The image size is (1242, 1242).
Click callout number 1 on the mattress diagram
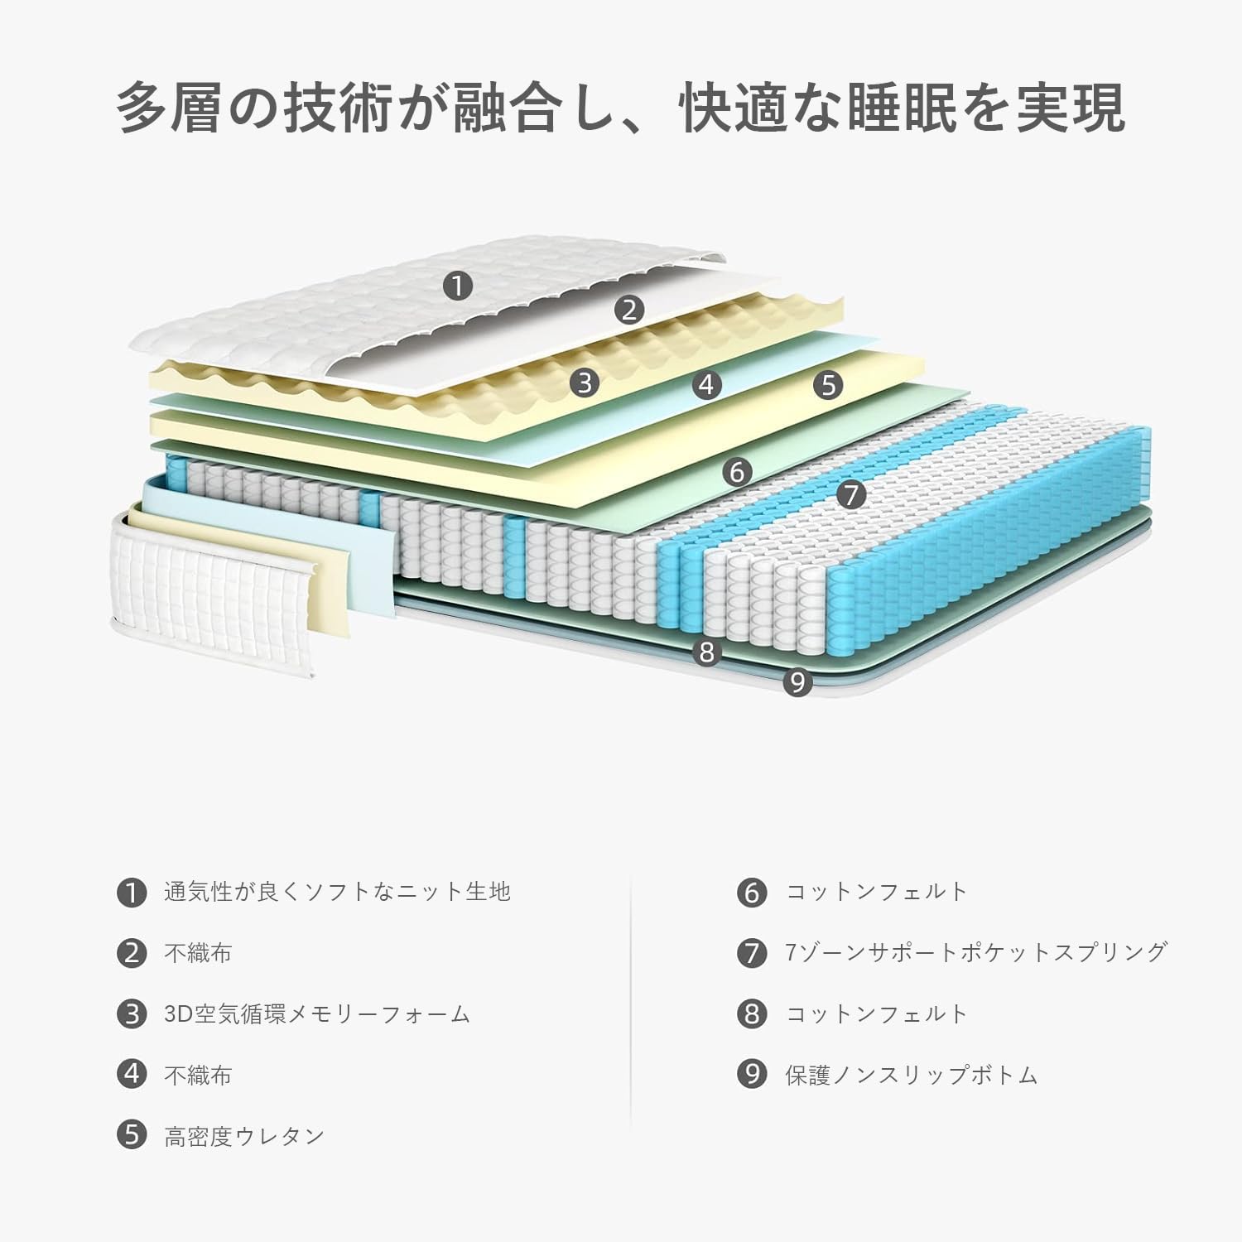(457, 286)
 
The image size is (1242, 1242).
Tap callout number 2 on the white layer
(629, 310)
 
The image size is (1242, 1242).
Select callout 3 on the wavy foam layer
(585, 383)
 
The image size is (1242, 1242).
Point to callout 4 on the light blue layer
(706, 384)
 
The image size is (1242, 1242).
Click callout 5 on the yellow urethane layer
(828, 384)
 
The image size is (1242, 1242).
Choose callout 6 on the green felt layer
(737, 472)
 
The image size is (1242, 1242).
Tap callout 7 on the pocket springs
(850, 495)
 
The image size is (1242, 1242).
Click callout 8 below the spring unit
(706, 652)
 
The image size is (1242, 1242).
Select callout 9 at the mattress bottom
(797, 682)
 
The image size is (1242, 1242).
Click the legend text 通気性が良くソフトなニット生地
(337, 892)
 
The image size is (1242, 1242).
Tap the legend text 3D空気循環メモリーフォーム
(317, 1014)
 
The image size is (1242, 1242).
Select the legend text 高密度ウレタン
(244, 1136)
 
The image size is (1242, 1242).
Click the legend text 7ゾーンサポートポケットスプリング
(976, 952)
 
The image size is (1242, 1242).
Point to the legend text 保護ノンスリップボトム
(911, 1075)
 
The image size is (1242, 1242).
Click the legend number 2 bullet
(132, 953)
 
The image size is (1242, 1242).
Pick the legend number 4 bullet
(132, 1075)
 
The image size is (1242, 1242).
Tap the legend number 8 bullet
(752, 1014)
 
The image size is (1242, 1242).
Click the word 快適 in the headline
(734, 108)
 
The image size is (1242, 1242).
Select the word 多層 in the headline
(170, 108)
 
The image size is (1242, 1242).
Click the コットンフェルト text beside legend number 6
(877, 892)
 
